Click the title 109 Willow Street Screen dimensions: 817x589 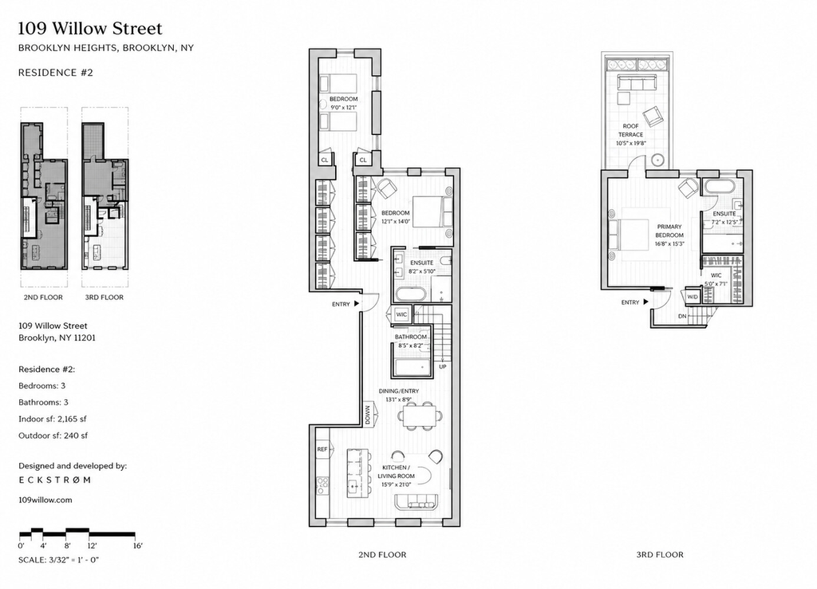coord(90,28)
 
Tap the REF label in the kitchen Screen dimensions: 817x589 coord(322,449)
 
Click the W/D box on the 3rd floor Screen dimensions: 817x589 coord(693,297)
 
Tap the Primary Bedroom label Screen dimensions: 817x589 coord(669,231)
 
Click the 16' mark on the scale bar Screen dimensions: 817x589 coord(137,546)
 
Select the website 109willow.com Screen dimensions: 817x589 coord(45,500)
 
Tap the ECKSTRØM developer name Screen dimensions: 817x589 coord(55,480)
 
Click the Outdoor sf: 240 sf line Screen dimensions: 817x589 coord(53,435)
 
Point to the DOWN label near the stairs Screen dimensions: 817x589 coord(368,416)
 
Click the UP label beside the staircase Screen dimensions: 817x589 coord(442,366)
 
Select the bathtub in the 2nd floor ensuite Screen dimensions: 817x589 coord(411,294)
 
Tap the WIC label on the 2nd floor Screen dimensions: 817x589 coord(401,314)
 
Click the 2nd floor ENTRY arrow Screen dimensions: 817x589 coord(357,303)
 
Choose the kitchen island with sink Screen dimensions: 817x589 coord(357,473)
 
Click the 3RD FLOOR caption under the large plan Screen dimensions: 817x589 coord(660,555)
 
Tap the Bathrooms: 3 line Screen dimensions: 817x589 coord(43,402)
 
